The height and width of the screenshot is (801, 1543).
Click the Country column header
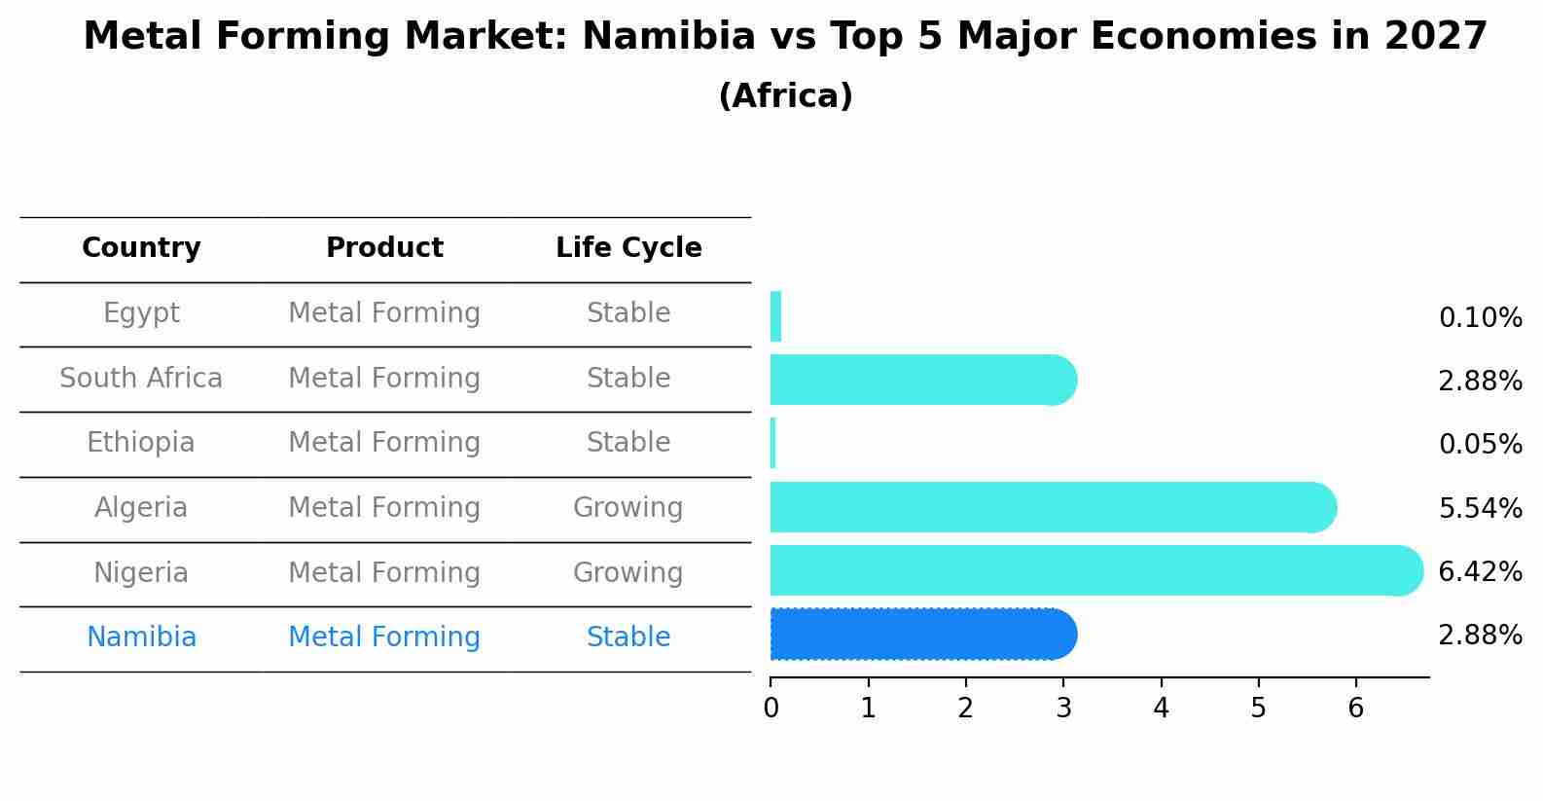(141, 248)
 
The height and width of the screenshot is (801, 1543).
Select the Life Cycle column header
(628, 248)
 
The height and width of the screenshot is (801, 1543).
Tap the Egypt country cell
(141, 313)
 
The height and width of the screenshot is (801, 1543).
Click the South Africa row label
(141, 379)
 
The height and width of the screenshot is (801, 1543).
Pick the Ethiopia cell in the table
(141, 443)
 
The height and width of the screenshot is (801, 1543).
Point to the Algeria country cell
(141, 508)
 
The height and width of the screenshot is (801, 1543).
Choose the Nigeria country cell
(141, 573)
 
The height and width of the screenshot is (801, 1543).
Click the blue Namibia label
(141, 637)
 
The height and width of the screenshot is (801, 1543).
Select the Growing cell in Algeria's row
(628, 508)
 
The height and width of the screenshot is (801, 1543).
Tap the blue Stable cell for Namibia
(628, 637)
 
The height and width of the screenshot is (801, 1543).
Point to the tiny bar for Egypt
(775, 316)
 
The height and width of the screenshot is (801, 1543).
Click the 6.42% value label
(1480, 572)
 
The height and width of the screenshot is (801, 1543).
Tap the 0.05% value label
(1480, 445)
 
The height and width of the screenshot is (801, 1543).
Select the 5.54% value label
(1480, 509)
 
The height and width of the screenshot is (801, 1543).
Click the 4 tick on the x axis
(1161, 709)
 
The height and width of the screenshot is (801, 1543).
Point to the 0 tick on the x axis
(771, 709)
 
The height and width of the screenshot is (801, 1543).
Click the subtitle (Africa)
(785, 96)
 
